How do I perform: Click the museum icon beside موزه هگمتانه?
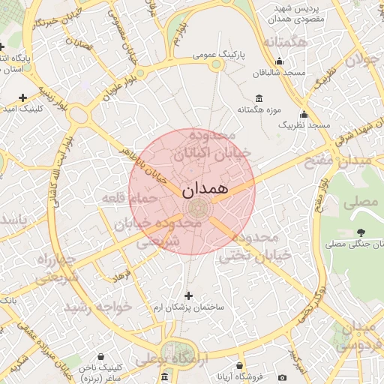(x=259, y=98)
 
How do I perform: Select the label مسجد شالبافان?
(x=280, y=73)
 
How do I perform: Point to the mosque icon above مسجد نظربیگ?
(x=304, y=114)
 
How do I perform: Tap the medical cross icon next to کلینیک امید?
(x=23, y=97)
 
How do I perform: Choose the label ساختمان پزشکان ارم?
(x=187, y=307)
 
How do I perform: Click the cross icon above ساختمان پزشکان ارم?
(x=188, y=295)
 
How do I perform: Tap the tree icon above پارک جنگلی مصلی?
(x=361, y=232)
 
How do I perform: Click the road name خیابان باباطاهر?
(x=145, y=164)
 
